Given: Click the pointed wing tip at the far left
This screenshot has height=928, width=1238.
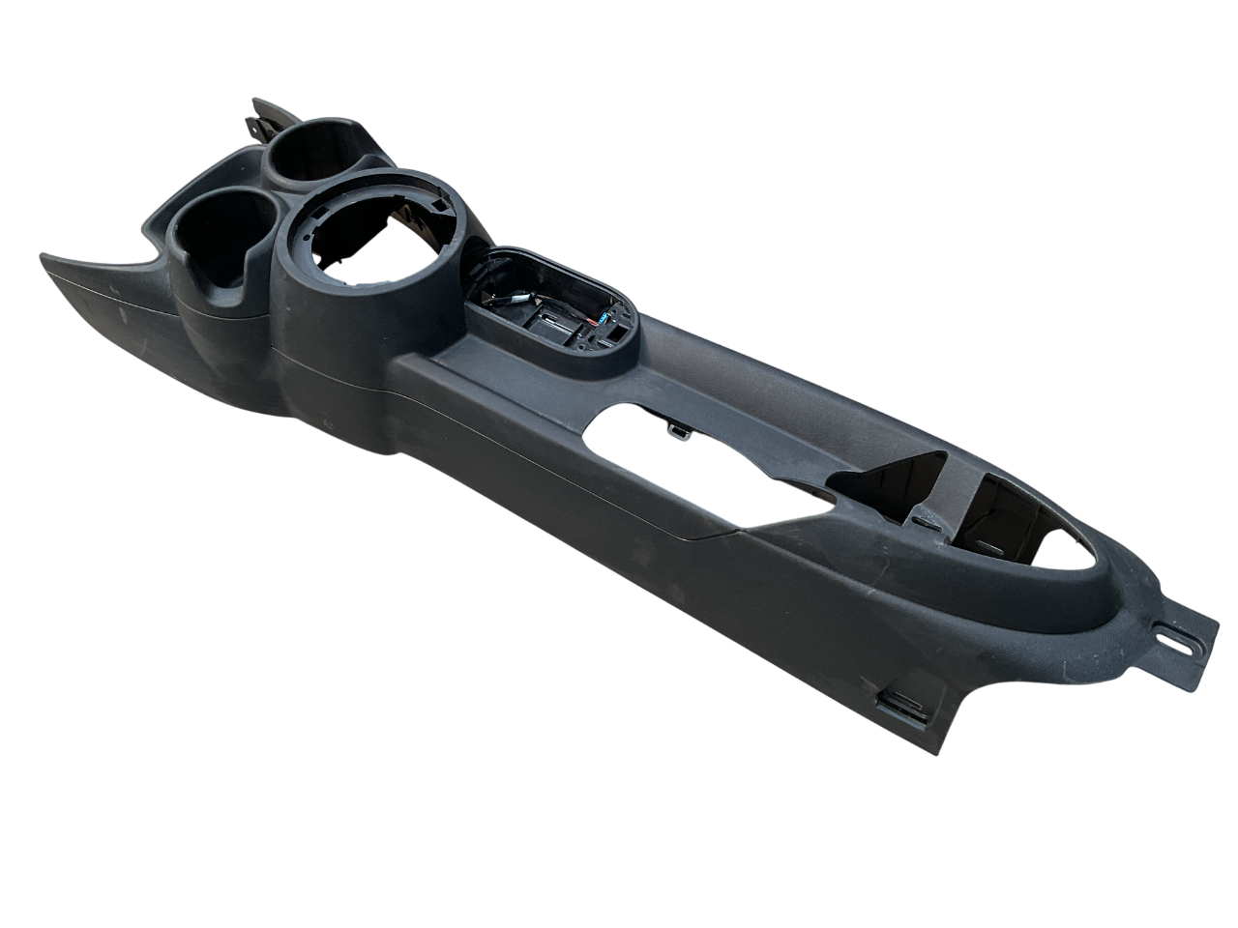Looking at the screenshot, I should click(44, 257).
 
